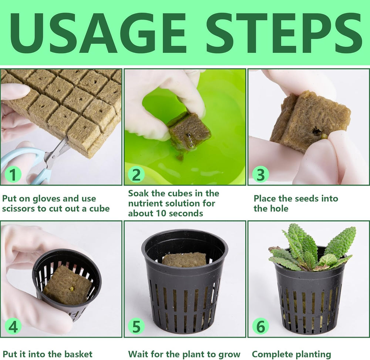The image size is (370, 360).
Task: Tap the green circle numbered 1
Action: [x=13, y=174]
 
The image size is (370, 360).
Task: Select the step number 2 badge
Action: [x=137, y=174]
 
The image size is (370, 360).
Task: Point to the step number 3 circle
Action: [x=260, y=174]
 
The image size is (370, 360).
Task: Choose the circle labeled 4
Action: [x=13, y=327]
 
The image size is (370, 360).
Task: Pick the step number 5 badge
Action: [x=137, y=327]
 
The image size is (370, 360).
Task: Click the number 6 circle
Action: [x=260, y=327]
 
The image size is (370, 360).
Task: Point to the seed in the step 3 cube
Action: [x=324, y=136]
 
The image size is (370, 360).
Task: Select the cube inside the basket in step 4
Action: [x=67, y=285]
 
